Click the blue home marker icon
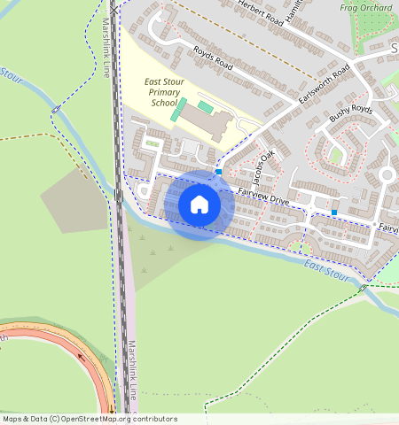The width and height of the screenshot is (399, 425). click(199, 205)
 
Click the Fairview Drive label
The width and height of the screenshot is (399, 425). click(263, 197)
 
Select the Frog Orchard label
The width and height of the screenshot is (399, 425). click(366, 8)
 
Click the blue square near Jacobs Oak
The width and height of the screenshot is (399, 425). click(218, 172)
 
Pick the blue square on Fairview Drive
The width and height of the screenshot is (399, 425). click(333, 212)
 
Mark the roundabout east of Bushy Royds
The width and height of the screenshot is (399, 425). click(387, 175)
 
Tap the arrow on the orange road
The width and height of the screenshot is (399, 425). click(82, 359)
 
